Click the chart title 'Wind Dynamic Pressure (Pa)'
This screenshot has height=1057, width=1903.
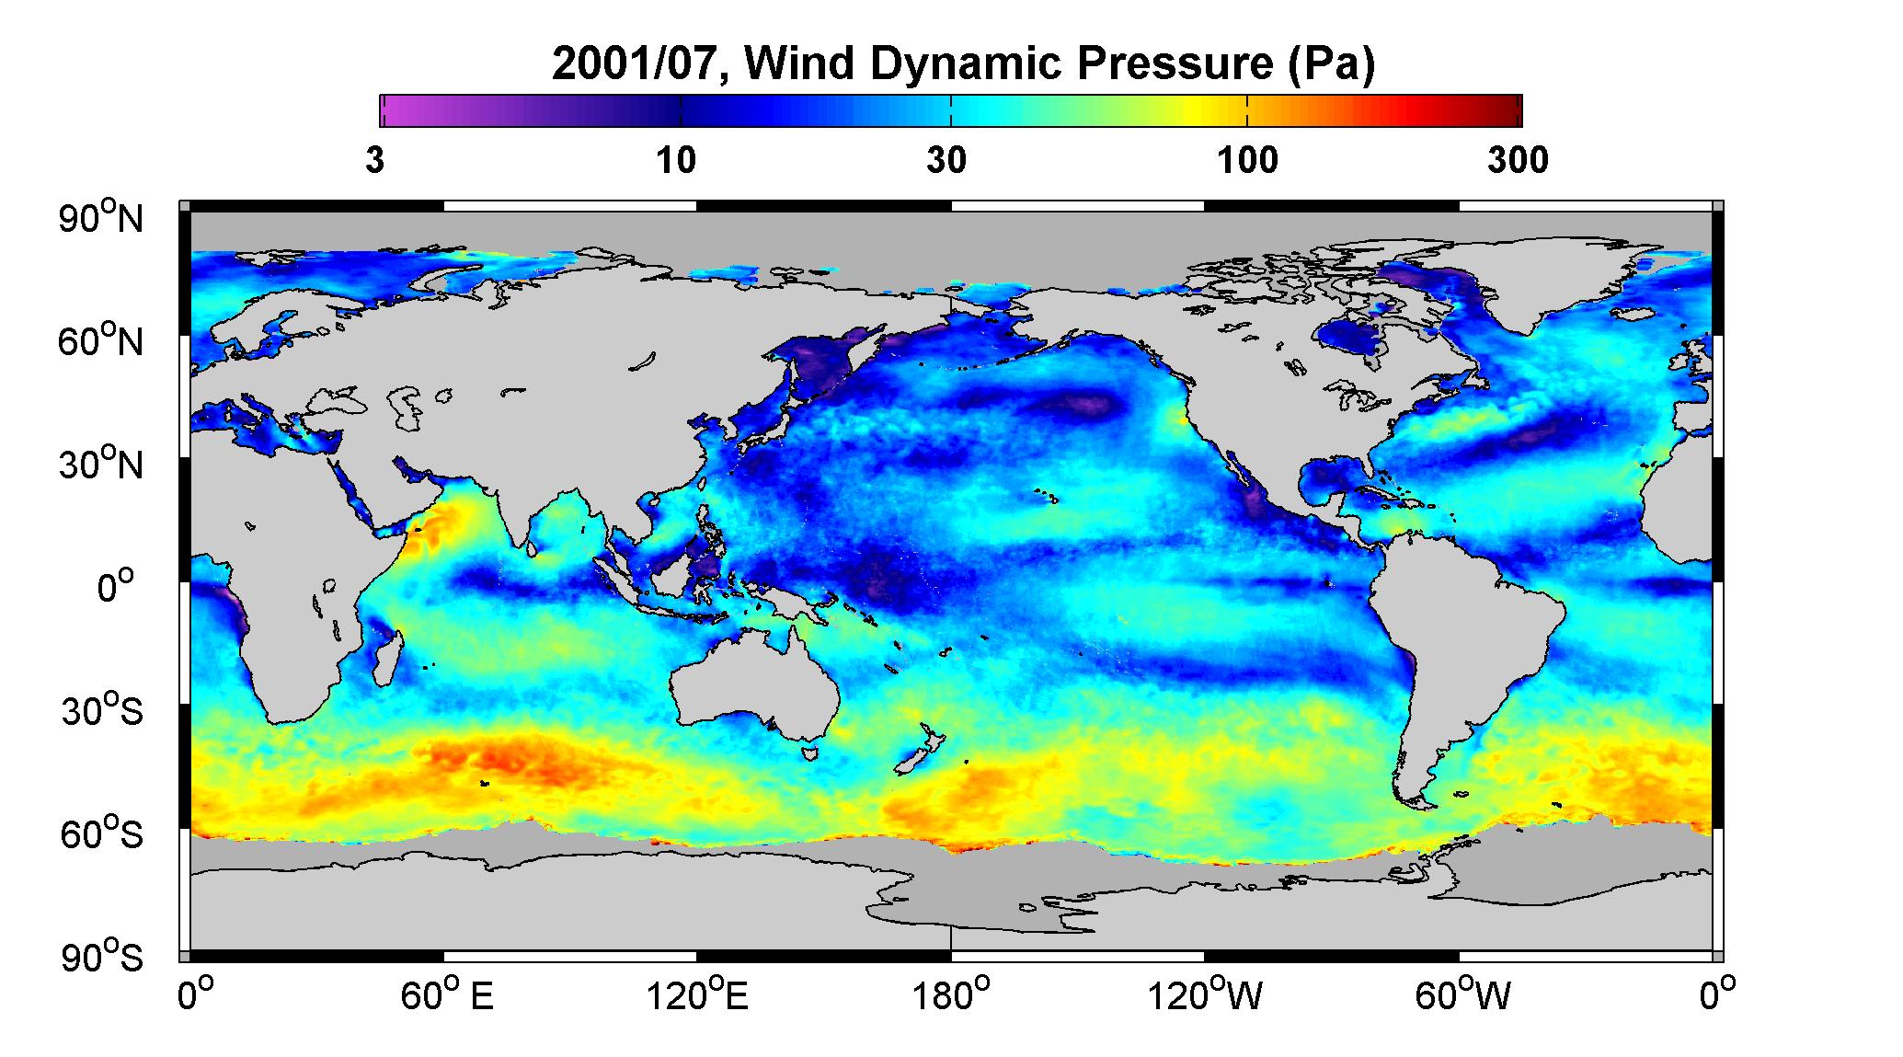click(1060, 64)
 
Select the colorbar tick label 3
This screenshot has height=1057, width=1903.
click(374, 161)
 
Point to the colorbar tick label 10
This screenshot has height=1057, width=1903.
click(676, 161)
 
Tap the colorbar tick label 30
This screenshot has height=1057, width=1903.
click(947, 161)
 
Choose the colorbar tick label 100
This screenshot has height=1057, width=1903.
click(1247, 161)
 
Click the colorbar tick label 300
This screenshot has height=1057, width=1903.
click(1518, 161)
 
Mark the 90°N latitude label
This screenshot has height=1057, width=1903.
click(102, 217)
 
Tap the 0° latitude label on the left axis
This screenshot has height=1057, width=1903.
click(116, 587)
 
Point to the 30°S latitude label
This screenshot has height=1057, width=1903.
click(102, 710)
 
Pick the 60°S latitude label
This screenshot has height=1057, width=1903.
click(102, 833)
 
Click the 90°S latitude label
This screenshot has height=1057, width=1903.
click(102, 957)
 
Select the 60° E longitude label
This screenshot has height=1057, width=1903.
click(446, 995)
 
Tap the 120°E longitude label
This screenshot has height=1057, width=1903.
click(697, 995)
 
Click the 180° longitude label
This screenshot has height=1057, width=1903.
click(950, 995)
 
